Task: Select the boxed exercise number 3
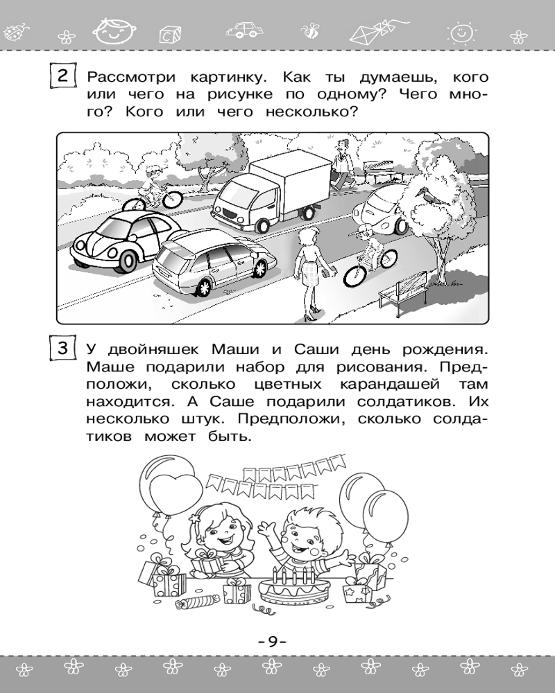(62, 347)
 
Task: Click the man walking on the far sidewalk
(341, 164)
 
